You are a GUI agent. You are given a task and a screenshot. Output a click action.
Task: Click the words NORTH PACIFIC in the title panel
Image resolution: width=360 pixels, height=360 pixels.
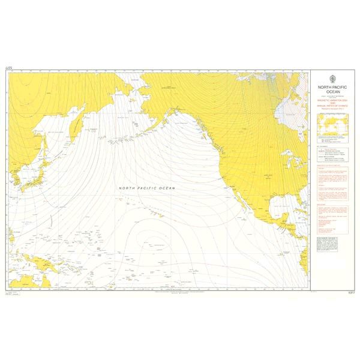tap(332, 87)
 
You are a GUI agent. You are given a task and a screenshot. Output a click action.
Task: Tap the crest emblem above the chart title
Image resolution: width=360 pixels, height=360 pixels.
tap(332, 78)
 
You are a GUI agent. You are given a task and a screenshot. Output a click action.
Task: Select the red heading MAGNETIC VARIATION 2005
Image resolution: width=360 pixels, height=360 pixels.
tap(332, 100)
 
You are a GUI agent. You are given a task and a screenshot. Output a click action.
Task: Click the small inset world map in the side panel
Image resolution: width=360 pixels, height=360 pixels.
tap(332, 124)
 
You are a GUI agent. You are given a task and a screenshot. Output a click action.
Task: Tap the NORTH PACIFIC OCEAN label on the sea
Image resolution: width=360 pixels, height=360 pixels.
tap(147, 188)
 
